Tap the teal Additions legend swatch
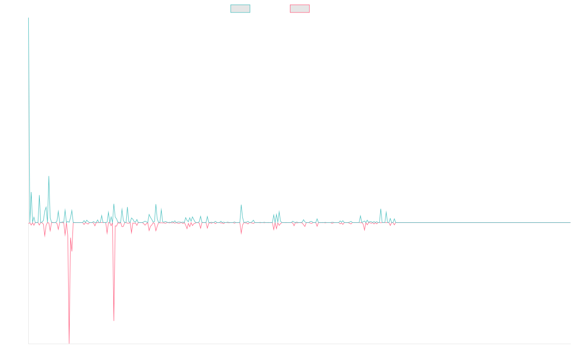(x=240, y=9)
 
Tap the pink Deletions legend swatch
(x=300, y=9)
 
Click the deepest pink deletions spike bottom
(x=69, y=343)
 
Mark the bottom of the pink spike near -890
(x=114, y=320)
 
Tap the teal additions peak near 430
(x=49, y=176)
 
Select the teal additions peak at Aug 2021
(x=241, y=205)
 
